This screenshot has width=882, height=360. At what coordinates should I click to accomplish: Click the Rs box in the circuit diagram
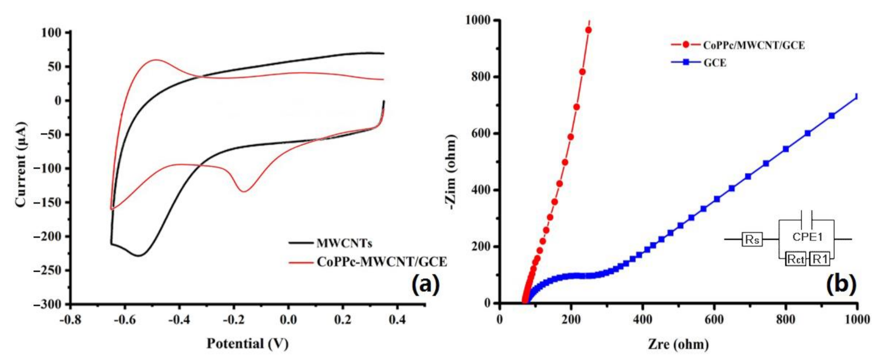[752, 240]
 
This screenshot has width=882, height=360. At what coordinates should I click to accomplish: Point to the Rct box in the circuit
[796, 259]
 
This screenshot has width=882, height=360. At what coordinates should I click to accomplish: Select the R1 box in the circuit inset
[820, 259]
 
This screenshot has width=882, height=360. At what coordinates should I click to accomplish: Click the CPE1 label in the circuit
[807, 237]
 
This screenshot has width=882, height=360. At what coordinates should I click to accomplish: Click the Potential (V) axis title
[248, 343]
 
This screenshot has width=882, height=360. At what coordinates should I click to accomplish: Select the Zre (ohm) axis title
[678, 344]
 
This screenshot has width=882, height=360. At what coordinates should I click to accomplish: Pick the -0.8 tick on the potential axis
[70, 319]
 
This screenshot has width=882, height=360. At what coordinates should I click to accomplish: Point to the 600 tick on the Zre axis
[714, 319]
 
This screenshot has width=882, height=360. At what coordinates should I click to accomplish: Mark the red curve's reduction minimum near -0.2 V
[244, 191]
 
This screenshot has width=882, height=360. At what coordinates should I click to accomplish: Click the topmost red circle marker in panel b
[588, 30]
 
